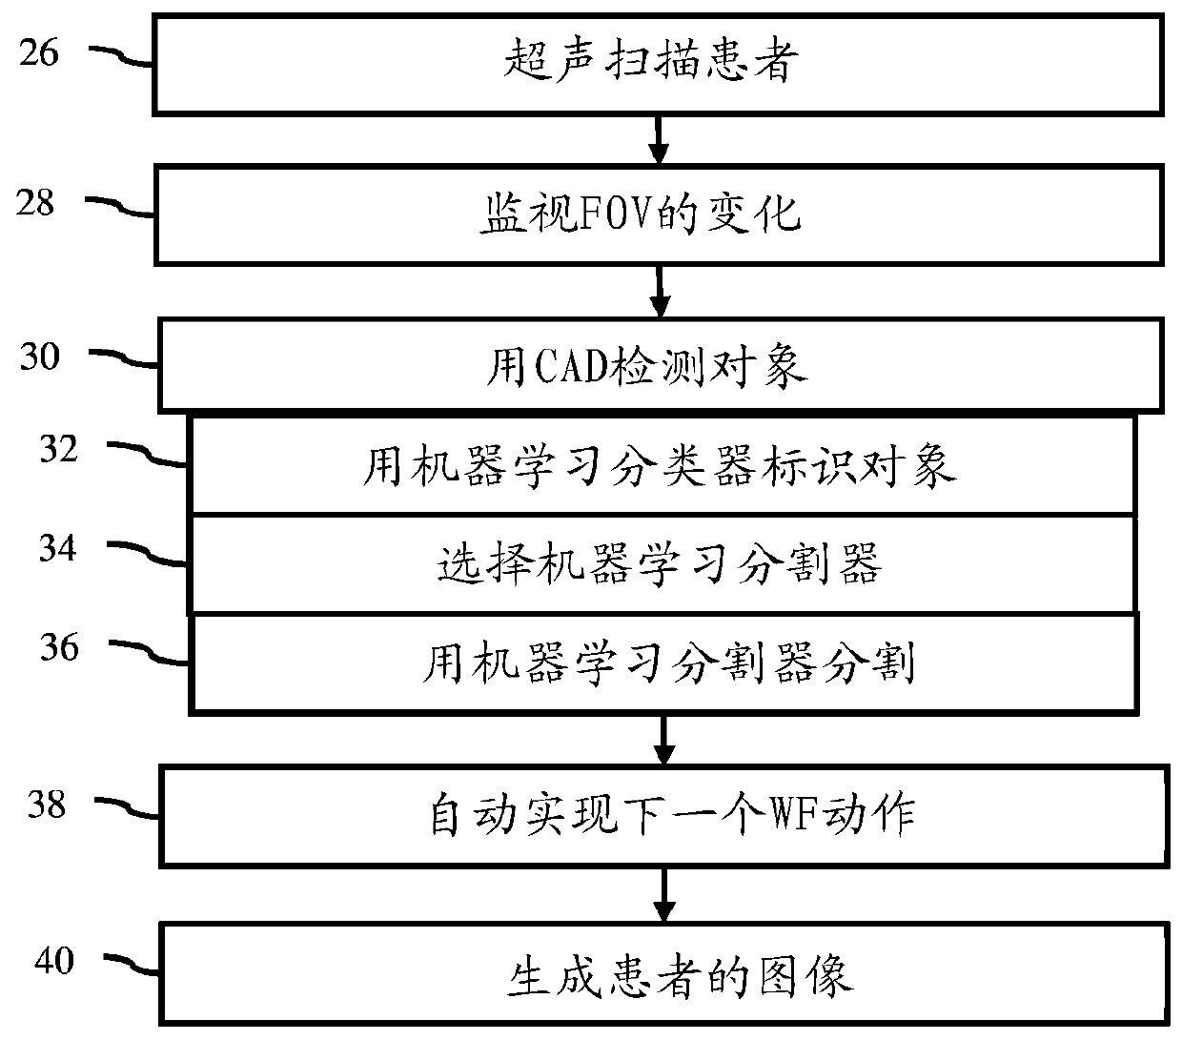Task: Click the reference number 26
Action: (39, 52)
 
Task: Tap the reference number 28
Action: (35, 203)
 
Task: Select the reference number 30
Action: (40, 356)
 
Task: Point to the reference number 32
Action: (59, 449)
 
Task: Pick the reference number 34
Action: (58, 547)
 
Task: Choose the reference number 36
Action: (59, 646)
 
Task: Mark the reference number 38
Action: (47, 805)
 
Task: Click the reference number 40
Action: (54, 961)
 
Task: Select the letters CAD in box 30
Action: (571, 366)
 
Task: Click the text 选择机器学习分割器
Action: (660, 563)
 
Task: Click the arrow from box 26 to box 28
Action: (659, 140)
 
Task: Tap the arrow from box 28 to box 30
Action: (660, 292)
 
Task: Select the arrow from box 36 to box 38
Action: (664, 740)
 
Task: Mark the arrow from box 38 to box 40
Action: (664, 896)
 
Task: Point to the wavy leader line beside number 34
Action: (147, 554)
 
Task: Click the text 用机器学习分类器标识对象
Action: (660, 466)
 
